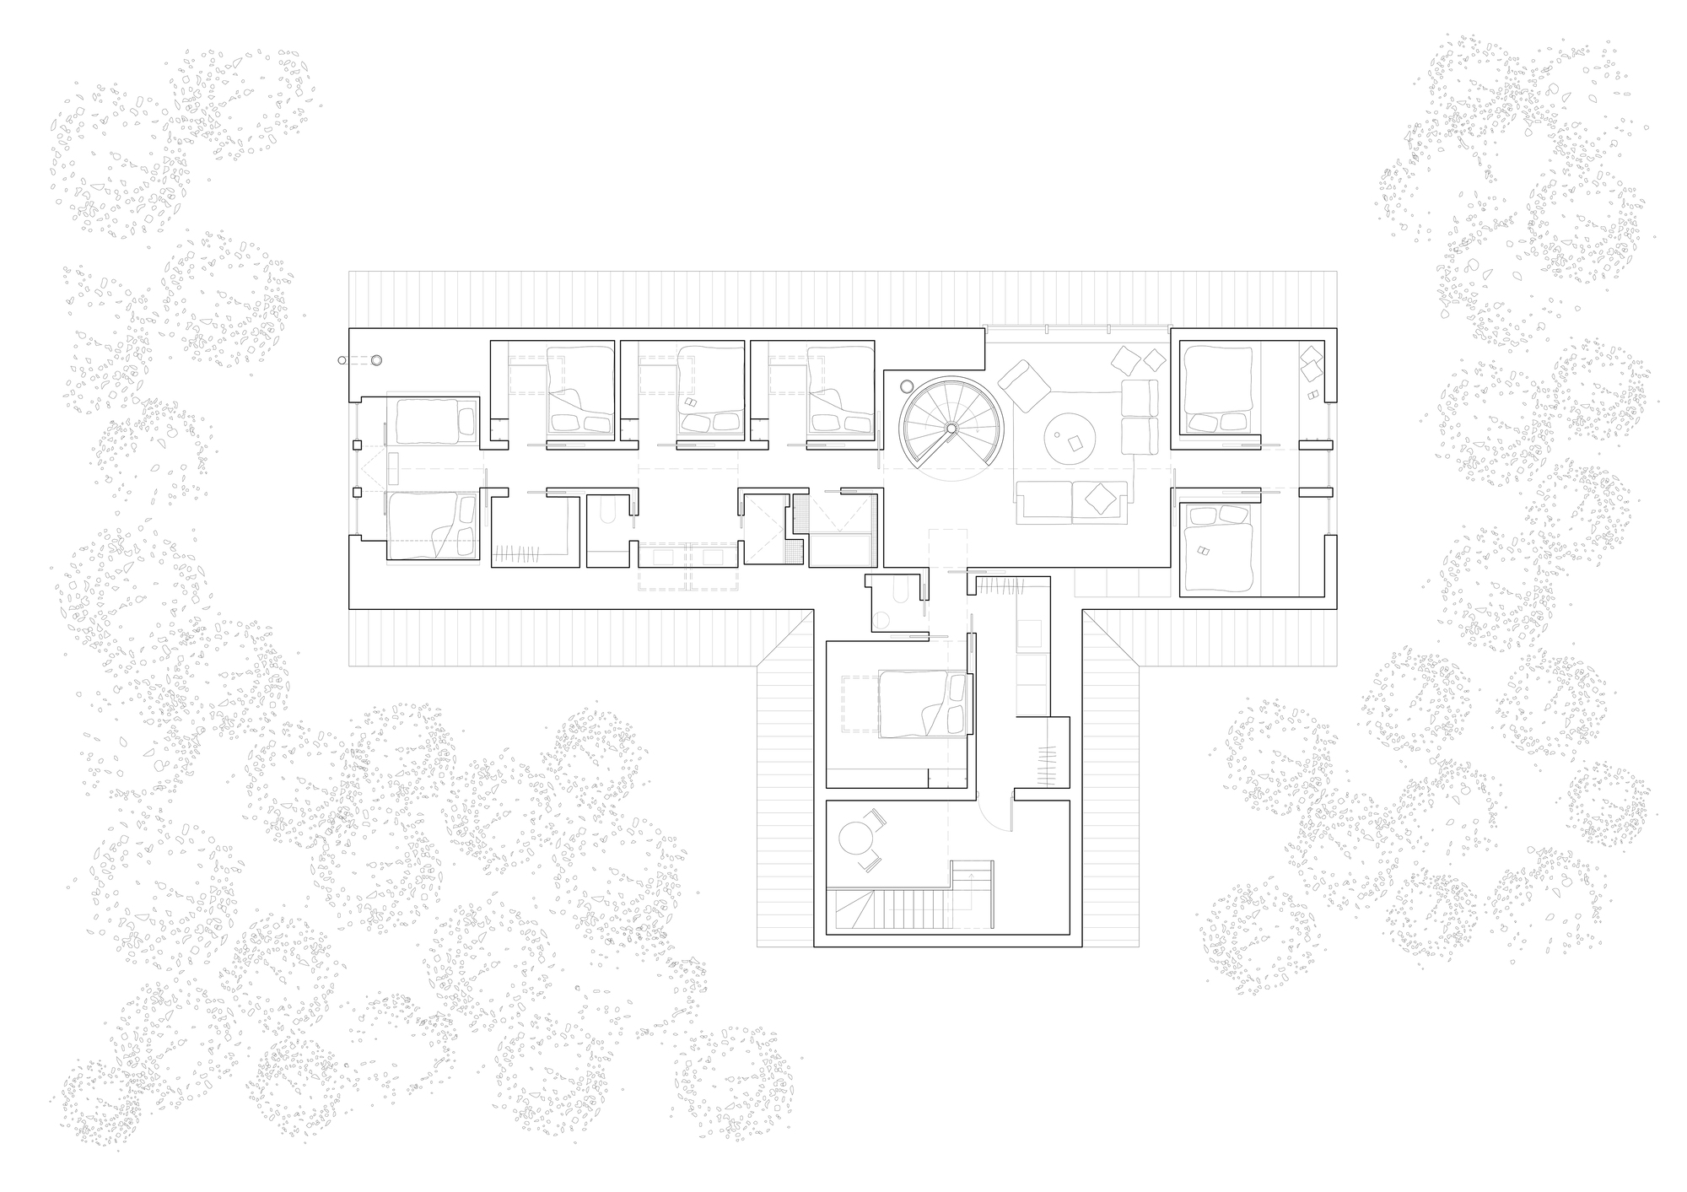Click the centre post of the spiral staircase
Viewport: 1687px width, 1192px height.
pyautogui.click(x=951, y=429)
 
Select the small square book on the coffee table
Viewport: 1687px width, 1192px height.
pyautogui.click(x=1075, y=442)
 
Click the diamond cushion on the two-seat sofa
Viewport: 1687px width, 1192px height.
pyautogui.click(x=1098, y=498)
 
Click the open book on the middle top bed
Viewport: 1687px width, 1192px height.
pyautogui.click(x=691, y=403)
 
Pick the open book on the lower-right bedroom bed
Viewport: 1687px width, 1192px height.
pyautogui.click(x=1201, y=551)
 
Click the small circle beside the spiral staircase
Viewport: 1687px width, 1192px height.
pyautogui.click(x=908, y=386)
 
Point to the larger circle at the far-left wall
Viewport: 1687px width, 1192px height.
pyautogui.click(x=376, y=360)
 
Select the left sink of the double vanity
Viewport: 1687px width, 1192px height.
pyautogui.click(x=664, y=557)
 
